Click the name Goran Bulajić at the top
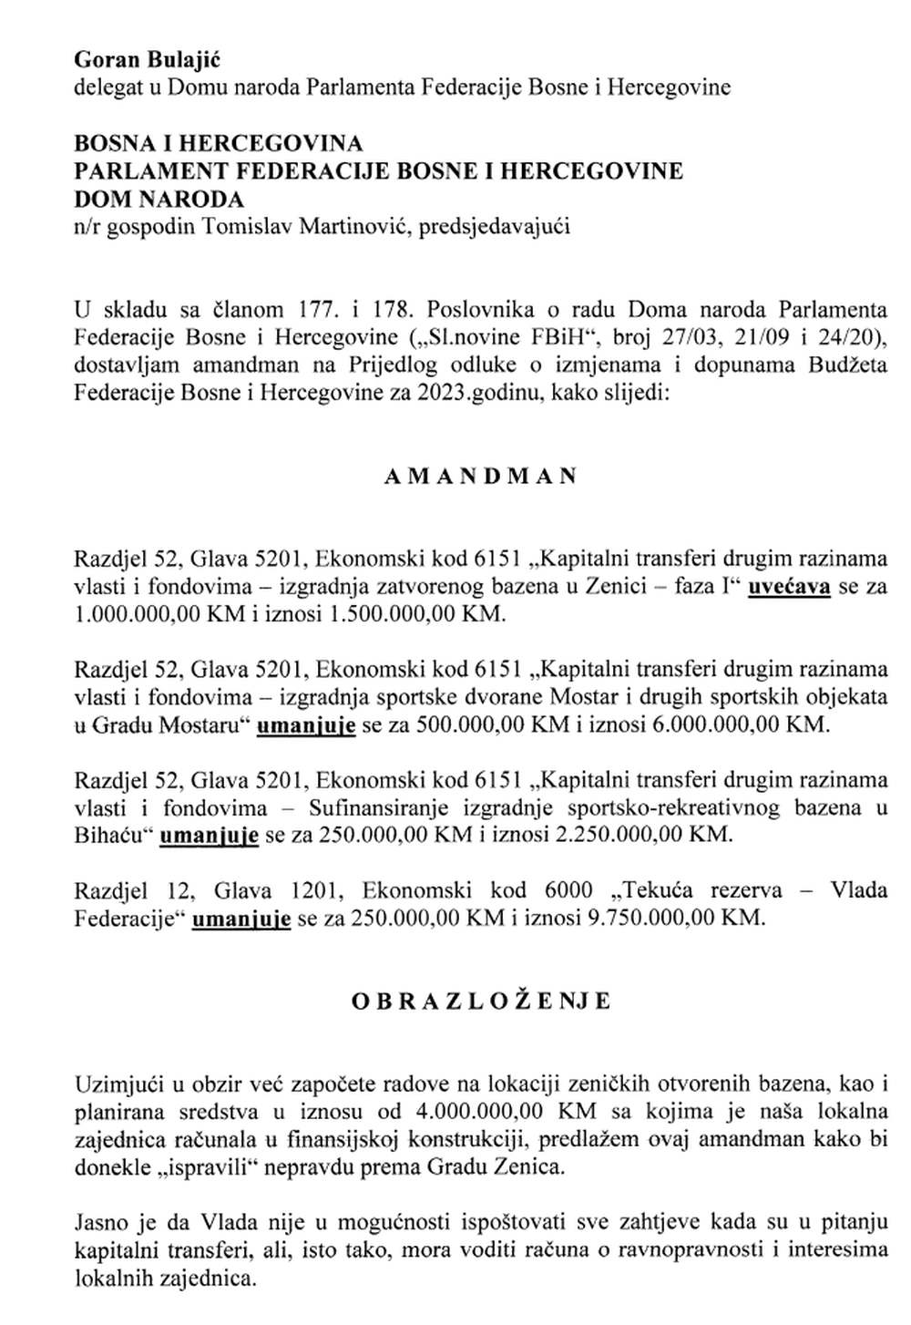point(148,60)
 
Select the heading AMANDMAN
point(480,477)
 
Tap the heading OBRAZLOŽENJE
point(482,1001)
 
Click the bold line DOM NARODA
point(159,199)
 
